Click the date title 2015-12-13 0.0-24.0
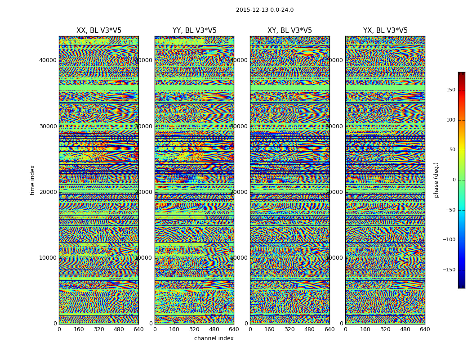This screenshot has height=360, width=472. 264,10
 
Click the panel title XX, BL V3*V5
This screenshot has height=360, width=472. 99,31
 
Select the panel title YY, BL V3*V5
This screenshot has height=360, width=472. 194,31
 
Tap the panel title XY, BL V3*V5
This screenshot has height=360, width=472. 289,31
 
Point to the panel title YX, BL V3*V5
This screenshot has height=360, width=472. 385,31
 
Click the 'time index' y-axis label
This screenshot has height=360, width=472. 32,180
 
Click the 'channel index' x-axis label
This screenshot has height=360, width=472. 214,338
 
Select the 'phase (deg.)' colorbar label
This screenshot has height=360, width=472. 436,180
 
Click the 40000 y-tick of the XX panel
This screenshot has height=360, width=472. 48,60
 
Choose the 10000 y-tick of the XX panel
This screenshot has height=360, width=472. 48,258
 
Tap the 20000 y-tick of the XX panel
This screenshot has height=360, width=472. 48,192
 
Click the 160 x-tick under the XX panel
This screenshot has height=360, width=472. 79,329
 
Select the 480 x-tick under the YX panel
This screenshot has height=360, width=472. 405,329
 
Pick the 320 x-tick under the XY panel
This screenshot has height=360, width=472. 289,329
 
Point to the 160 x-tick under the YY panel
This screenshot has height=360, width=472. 174,329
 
